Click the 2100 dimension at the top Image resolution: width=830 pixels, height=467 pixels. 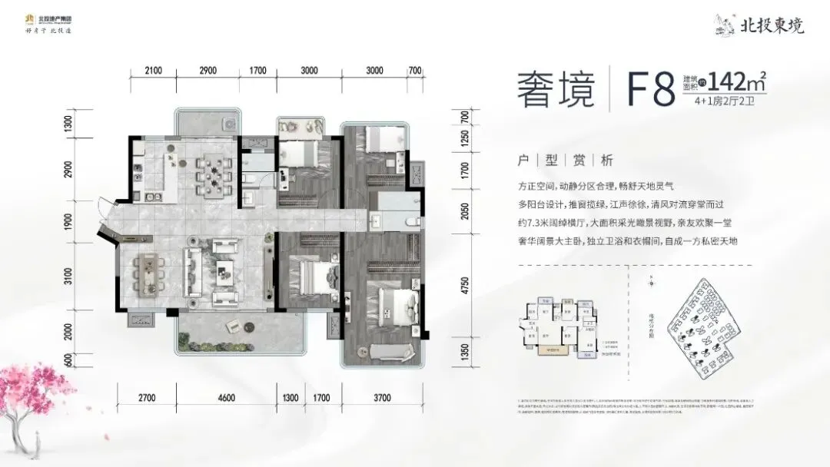pos(152,71)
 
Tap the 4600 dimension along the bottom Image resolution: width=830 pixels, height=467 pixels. pos(225,398)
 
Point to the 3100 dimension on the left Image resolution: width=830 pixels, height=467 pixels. pos(68,276)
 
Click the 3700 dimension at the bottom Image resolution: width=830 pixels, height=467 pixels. pos(381,398)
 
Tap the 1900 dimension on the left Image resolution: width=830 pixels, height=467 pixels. pos(68,220)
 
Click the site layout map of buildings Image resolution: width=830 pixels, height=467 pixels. pos(703,323)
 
